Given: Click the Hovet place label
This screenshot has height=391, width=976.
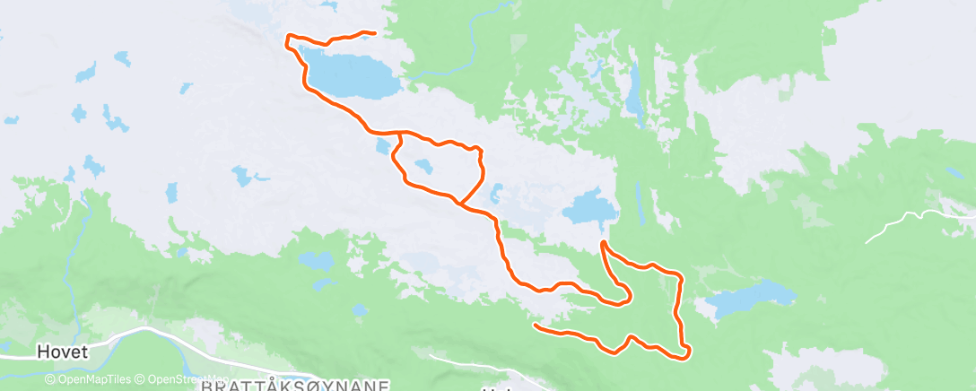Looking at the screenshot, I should point(63,352).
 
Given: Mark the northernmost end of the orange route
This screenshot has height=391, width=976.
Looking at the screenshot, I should point(371,33).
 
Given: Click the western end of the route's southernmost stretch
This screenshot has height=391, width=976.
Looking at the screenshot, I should point(535,326).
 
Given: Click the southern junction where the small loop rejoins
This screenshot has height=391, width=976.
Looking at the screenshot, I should point(458,203).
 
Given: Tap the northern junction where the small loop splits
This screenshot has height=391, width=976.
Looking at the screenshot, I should point(396,135).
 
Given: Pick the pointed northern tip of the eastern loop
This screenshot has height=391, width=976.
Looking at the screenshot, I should point(602,243).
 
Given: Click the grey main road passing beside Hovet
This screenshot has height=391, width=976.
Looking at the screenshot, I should point(144,334).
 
